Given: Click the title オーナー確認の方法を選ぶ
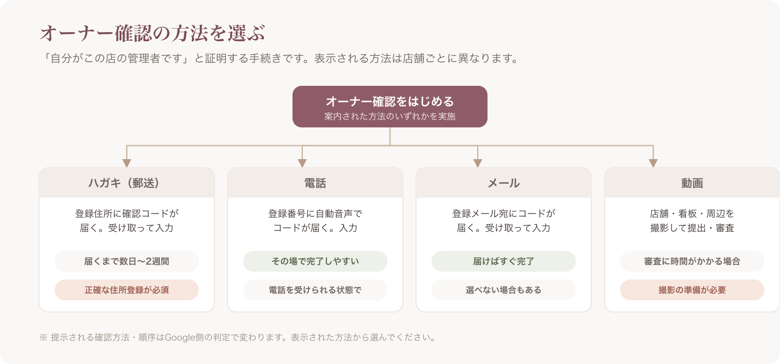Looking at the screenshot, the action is coord(152,33).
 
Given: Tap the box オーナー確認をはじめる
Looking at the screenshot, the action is coord(390,107).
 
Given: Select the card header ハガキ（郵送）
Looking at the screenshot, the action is coord(127,183).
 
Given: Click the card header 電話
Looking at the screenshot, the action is coord(315,183).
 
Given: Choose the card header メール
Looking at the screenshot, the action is coord(504,183).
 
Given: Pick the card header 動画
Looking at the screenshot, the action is coord(692,183).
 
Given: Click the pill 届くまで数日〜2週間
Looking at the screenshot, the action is coord(127,261).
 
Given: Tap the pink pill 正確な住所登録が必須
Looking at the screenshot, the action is coord(127,290).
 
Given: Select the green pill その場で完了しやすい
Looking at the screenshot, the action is coord(315,261).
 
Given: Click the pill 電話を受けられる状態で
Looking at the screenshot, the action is coord(315,290).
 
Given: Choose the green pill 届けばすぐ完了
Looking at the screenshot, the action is coord(504,261).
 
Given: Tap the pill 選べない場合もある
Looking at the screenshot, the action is coord(504,290).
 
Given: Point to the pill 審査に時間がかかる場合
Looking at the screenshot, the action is coord(692,261).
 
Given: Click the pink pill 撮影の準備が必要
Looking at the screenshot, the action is coord(692,290).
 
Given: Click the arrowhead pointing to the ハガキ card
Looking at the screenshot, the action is coord(127,163).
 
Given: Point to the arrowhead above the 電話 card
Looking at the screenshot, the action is coord(302,163).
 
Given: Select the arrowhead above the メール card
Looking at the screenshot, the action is coord(478,163).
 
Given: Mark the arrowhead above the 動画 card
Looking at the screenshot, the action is coord(653,163).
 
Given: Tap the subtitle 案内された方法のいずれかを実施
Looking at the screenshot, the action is coord(390,116).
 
